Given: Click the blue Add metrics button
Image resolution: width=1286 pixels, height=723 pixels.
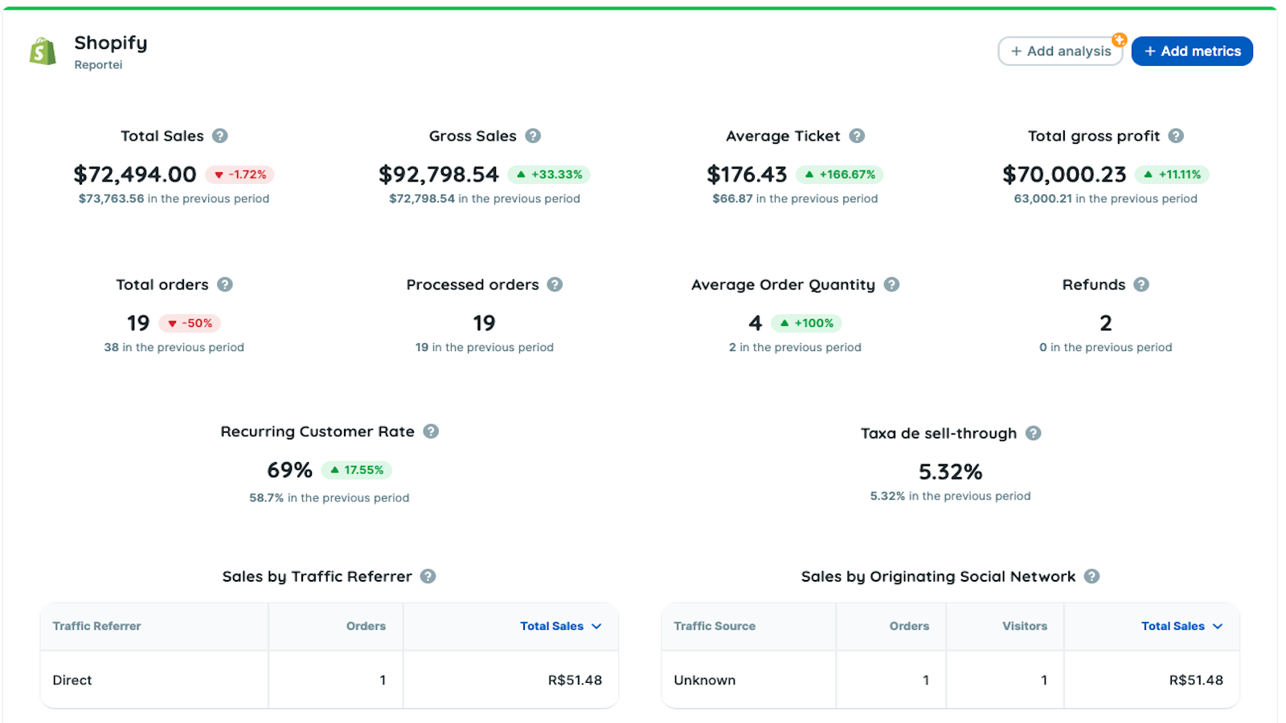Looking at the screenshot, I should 1192,51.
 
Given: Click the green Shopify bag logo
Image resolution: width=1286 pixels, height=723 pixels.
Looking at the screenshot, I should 43,51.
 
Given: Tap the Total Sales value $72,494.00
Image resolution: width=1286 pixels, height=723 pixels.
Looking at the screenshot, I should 135,174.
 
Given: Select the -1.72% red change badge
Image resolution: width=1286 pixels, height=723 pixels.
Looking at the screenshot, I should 240,174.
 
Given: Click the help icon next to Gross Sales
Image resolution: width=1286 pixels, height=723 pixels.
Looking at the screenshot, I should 533,136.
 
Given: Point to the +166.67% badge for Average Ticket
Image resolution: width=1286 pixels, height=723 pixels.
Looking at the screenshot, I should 840,174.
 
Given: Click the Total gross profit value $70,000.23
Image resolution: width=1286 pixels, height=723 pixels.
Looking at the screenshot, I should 1064,174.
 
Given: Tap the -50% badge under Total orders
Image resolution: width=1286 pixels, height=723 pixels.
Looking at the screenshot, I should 190,323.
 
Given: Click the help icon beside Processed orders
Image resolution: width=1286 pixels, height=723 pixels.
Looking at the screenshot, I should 555,284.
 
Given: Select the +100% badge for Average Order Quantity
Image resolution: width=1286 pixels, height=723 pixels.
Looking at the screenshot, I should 806,323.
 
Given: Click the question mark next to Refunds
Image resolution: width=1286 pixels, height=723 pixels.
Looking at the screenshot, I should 1141,284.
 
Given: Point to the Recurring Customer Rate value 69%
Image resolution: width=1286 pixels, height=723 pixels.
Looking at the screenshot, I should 289,470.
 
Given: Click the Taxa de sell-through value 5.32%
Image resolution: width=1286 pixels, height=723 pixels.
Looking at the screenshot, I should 950,472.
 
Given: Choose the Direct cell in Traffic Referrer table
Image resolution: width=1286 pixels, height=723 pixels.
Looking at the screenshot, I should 72,680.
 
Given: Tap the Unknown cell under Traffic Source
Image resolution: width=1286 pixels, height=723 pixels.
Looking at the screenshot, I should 705,680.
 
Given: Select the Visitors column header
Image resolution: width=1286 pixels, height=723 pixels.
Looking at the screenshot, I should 1025,626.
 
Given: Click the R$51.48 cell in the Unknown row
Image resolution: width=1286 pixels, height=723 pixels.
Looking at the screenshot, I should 1195,680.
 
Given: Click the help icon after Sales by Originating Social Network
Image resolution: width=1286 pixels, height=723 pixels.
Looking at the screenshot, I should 1091,576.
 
